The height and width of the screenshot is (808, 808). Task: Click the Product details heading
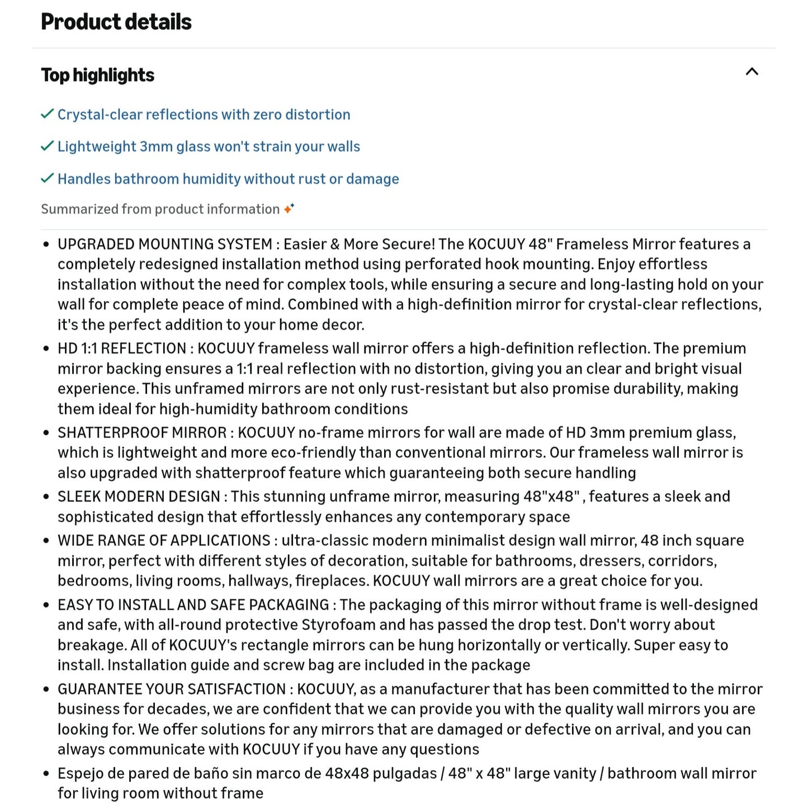click(x=116, y=22)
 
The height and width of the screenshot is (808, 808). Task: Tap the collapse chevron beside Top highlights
click(x=752, y=72)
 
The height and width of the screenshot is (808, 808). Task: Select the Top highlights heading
click(x=98, y=75)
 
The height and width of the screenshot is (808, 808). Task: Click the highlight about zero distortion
click(x=204, y=115)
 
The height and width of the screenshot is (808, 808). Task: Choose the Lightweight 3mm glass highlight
click(x=209, y=147)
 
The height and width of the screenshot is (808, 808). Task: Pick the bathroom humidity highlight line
click(x=228, y=179)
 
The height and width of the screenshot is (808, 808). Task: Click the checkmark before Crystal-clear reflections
click(x=48, y=114)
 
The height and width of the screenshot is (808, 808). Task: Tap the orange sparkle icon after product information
click(x=289, y=209)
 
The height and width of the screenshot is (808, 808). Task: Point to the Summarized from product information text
click(x=160, y=209)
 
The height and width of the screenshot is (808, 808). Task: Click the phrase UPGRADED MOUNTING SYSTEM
click(x=165, y=244)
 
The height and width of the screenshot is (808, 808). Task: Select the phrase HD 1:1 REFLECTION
click(x=121, y=348)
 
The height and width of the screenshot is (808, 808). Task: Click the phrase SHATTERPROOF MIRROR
click(x=142, y=433)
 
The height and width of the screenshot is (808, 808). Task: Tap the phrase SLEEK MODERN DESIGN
click(x=139, y=497)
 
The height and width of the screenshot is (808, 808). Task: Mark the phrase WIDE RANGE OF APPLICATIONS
click(x=164, y=541)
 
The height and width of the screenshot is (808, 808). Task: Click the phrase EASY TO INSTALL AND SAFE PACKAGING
click(x=193, y=605)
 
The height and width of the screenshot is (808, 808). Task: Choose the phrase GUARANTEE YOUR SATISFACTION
click(x=171, y=689)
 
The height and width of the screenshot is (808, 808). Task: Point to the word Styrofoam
click(x=339, y=625)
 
